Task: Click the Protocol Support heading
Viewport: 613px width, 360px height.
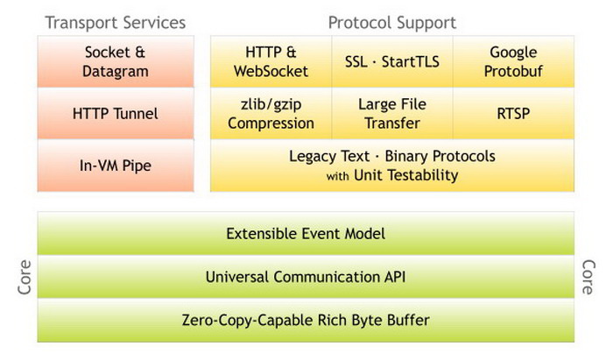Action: coord(391,23)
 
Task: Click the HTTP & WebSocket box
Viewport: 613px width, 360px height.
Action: coord(271,62)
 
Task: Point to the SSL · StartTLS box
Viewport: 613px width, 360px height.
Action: coord(392,62)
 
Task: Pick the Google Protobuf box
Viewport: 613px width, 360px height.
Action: coord(513,62)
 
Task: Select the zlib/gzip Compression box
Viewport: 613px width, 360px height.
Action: coord(271,113)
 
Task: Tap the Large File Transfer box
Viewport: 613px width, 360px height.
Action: coord(392,113)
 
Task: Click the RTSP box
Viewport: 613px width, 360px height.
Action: coord(513,113)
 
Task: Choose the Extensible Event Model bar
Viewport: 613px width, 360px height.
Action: coord(306,234)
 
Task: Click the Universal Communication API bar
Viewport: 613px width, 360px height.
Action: coord(306,277)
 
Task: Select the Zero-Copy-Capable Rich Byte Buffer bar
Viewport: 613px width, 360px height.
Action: coord(306,320)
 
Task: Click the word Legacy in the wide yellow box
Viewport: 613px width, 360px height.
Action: coord(312,157)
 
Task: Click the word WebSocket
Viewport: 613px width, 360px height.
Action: coord(271,72)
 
